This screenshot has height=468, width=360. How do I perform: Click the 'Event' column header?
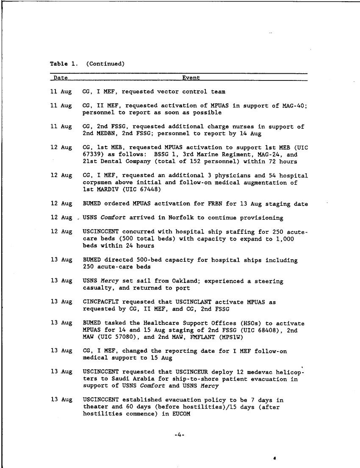click(x=191, y=78)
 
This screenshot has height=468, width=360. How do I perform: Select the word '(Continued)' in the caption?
click(x=105, y=64)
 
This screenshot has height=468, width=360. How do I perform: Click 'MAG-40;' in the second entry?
click(x=294, y=105)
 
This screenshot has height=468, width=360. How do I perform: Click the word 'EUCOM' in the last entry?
click(x=181, y=414)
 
